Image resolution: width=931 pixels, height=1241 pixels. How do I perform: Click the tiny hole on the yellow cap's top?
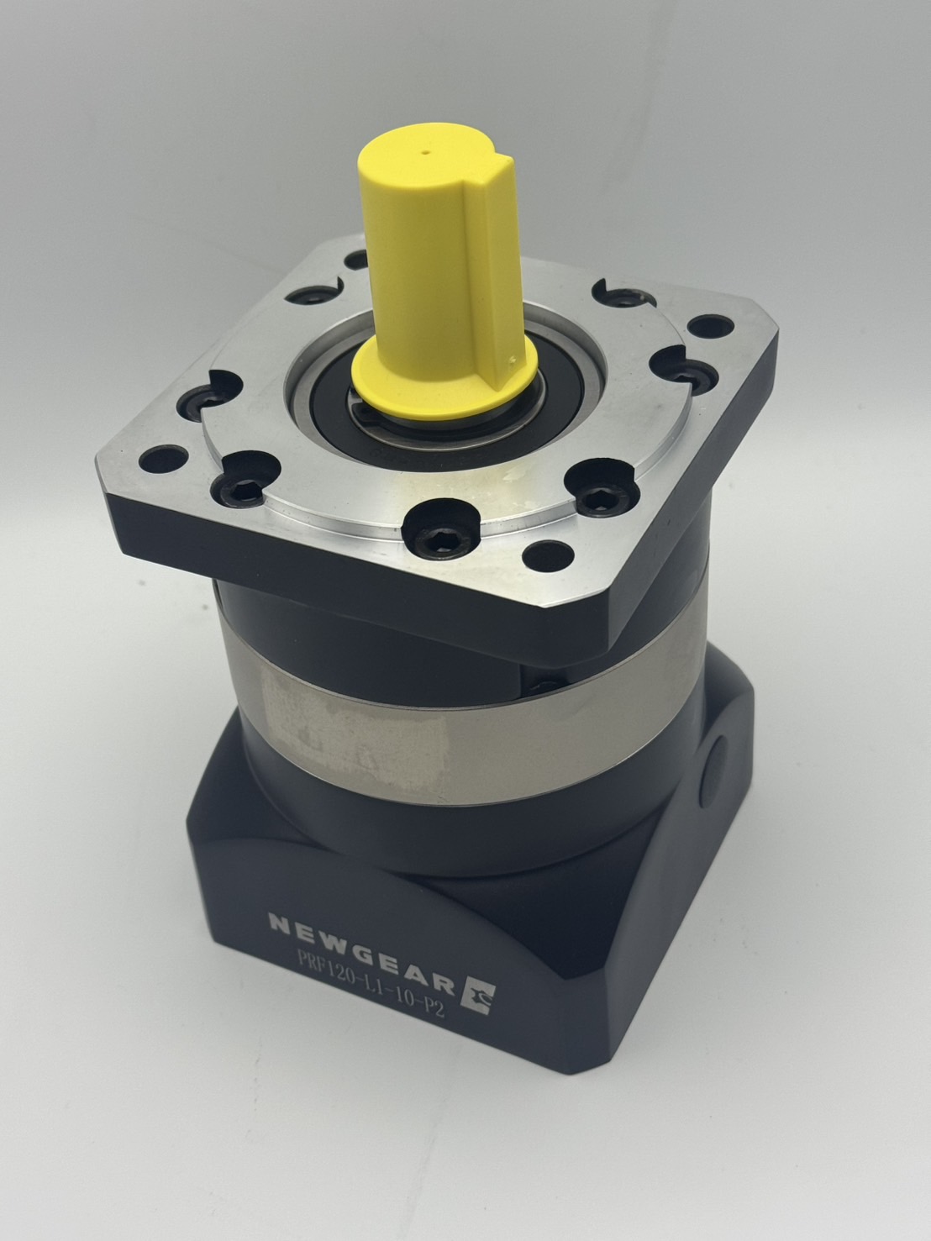(x=424, y=152)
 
